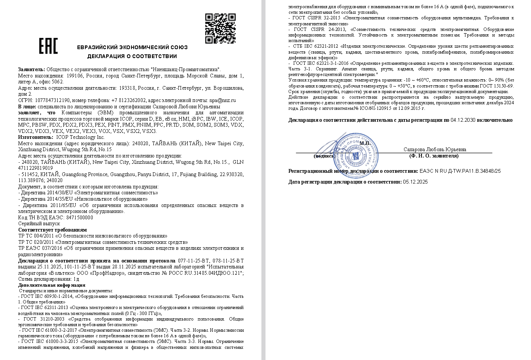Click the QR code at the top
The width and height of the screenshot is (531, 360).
point(220,28)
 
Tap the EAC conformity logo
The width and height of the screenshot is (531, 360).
point(48,46)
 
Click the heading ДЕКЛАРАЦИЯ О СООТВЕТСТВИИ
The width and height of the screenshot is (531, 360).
point(132,56)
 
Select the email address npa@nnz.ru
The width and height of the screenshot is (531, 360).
point(222,100)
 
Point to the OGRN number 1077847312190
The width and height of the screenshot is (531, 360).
point(53,100)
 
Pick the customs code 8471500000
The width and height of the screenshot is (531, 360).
point(79,218)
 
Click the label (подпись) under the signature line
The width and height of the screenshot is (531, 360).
point(324,156)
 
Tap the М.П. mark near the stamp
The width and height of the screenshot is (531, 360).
point(365,143)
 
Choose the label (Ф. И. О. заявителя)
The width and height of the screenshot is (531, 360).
point(434,156)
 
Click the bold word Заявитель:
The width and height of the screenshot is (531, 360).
point(32,69)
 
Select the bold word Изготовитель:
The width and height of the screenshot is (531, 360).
point(36,137)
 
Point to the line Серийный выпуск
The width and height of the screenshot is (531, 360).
point(39,224)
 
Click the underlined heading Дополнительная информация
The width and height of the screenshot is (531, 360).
point(52,285)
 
